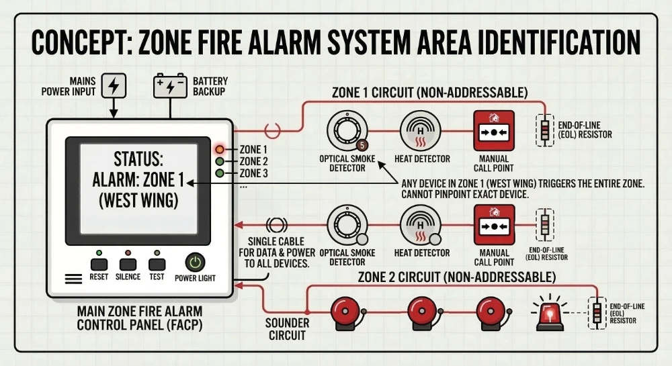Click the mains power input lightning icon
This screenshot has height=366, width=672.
point(114,86)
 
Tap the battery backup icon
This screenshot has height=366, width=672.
point(171,86)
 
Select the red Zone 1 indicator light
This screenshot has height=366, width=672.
point(220,149)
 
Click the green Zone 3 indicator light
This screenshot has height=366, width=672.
point(220,173)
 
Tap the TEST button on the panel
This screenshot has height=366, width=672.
point(157,264)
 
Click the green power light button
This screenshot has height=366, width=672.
point(195,263)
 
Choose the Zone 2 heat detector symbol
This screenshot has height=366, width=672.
point(421,226)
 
